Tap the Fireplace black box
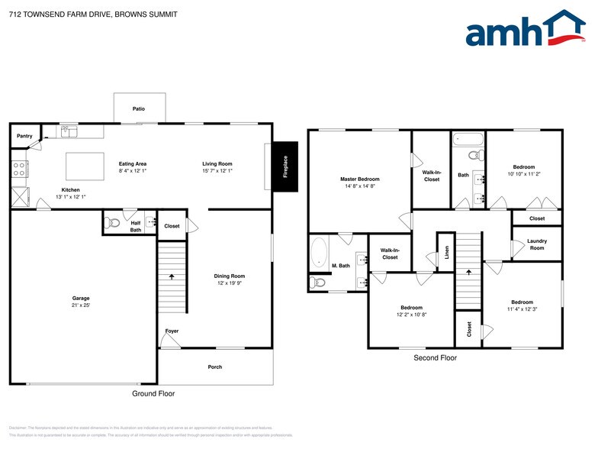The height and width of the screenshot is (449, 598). point(286,166)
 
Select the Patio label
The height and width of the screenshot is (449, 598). point(139,110)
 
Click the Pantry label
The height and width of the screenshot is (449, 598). point(24,136)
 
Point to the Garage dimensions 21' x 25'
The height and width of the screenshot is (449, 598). point(81,305)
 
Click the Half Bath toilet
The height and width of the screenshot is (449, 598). point(114,224)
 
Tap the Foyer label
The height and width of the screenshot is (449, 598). point(172,331)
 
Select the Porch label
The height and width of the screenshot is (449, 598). point(215,367)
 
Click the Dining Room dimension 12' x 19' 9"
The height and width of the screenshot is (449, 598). point(229,283)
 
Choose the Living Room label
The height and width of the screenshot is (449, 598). point(217,163)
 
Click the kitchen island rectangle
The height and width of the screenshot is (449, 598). point(85,166)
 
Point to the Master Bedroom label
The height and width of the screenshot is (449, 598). point(359,179)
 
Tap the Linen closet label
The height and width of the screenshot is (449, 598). point(447,253)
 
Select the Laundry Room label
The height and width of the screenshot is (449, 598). point(536,244)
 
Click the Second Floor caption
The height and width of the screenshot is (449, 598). point(435,357)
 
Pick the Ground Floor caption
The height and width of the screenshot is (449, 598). point(153,394)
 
